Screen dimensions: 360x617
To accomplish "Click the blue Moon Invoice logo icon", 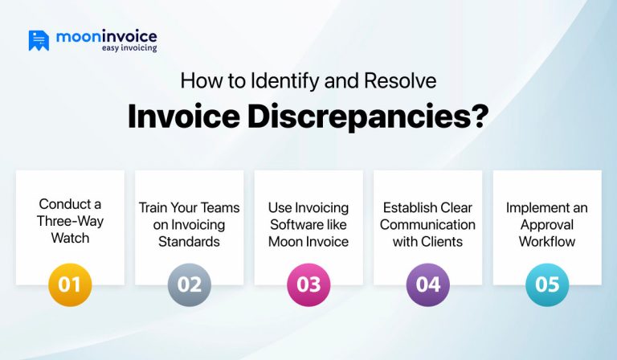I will [39, 40].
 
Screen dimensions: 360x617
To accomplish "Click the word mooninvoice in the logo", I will [106, 36].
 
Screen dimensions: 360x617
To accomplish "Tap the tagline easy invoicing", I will [129, 48].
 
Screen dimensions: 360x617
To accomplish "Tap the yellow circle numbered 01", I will [70, 284].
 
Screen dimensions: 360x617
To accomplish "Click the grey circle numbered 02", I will [190, 284].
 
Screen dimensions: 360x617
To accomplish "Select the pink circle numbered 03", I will [308, 284].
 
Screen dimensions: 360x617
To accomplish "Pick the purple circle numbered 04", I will [427, 284].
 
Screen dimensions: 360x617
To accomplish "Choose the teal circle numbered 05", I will [547, 284].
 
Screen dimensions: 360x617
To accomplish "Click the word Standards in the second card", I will [190, 241].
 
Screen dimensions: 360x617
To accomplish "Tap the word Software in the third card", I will [308, 224].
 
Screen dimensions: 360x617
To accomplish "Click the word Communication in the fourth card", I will [427, 224].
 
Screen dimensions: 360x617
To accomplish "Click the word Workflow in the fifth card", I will [547, 241].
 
